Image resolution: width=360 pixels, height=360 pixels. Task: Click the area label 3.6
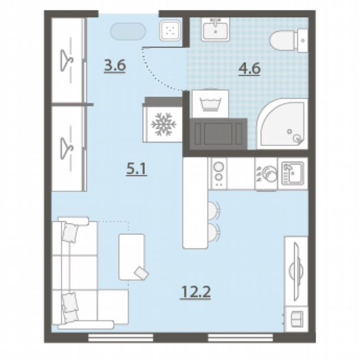click(115, 65)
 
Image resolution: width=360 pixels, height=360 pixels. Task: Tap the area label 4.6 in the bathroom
click(249, 68)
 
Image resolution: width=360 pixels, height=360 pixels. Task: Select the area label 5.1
click(136, 169)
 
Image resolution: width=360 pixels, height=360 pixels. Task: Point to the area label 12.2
click(196, 292)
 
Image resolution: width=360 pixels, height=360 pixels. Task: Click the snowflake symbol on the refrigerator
click(164, 124)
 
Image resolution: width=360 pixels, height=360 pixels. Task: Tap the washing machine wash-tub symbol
click(210, 104)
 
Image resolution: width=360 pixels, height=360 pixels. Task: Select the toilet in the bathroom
click(289, 41)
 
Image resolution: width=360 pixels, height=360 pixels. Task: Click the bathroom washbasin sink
click(215, 29)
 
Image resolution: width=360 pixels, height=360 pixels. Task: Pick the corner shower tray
click(282, 124)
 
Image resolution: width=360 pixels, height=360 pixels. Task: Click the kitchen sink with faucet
click(293, 174)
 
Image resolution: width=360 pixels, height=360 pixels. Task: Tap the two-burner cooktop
click(218, 173)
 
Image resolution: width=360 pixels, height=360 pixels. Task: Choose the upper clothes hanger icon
click(67, 60)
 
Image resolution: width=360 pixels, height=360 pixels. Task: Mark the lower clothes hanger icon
click(67, 148)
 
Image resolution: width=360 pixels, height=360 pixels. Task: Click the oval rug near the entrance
click(128, 32)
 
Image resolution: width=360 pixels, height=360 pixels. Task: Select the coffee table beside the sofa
click(132, 257)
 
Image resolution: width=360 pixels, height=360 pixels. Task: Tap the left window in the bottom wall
click(121, 337)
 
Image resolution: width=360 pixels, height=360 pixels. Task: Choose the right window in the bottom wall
click(241, 337)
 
